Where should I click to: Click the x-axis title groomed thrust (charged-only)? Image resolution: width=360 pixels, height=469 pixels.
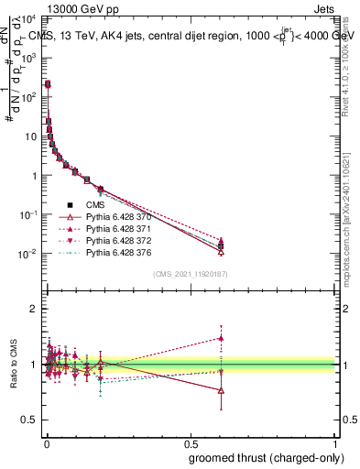pos(273,457)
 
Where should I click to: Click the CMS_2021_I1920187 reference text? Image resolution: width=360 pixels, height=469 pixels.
pos(191,274)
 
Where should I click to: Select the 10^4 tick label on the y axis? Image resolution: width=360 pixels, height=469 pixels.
pos(27,19)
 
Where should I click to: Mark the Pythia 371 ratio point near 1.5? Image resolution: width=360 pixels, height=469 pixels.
pos(219,338)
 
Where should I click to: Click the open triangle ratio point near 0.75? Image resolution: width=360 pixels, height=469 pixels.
pos(219,390)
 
